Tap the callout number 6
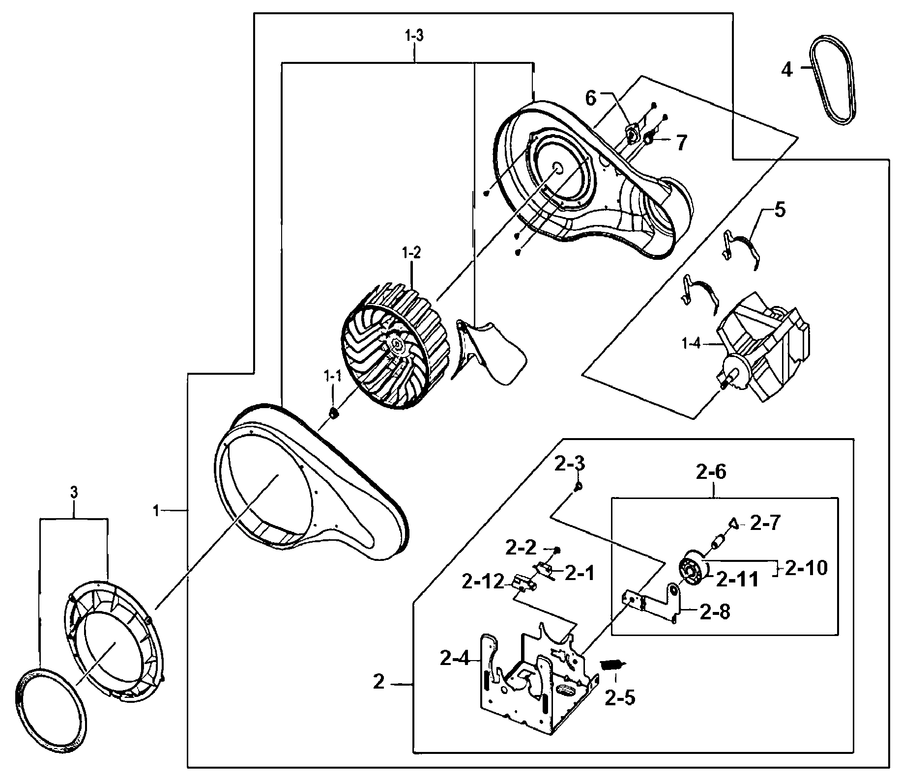coord(590,98)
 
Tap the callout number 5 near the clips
coord(780,210)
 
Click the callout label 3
coord(74,493)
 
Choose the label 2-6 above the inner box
coord(711,472)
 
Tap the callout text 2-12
coord(483,582)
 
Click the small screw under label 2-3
coord(579,486)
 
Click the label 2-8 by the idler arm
coord(714,612)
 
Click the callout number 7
coord(680,143)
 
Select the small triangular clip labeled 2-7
coord(732,523)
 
